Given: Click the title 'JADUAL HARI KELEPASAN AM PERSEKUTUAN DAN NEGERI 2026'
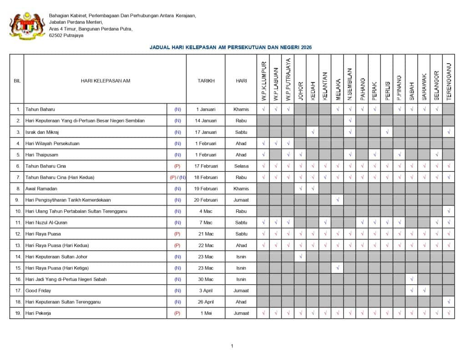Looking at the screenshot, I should (231, 47).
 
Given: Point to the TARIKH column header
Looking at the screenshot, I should (206, 81).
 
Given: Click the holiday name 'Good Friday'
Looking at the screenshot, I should (38, 290).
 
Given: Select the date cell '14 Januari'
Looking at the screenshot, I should (206, 121).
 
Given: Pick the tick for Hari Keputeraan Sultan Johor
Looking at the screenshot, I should (300, 257).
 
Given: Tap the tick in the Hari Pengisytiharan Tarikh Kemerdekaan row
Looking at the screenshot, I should (337, 200).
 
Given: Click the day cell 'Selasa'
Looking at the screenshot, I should (241, 166).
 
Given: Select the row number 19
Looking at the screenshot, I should (18, 313).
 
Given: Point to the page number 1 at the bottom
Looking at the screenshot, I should (232, 346).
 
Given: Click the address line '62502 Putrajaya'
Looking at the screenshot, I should (66, 35).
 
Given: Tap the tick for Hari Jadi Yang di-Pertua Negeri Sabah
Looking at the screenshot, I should (411, 279).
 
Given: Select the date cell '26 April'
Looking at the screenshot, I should (206, 302).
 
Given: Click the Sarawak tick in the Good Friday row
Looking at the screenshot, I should (424, 290).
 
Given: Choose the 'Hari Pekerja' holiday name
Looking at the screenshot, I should (38, 313).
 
